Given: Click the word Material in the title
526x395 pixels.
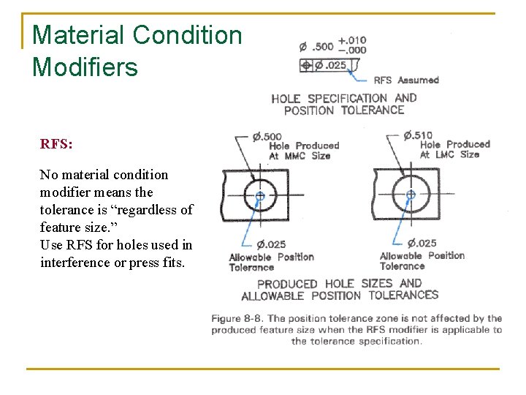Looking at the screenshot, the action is (x=77, y=34).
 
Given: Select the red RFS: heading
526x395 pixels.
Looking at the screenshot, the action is (x=56, y=143).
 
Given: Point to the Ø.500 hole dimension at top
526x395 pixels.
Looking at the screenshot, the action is (x=316, y=47).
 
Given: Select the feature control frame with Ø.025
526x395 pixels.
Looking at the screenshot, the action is (x=326, y=66).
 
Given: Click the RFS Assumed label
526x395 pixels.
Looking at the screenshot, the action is (x=406, y=80).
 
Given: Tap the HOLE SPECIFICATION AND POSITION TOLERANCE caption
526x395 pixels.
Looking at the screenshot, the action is (x=343, y=104).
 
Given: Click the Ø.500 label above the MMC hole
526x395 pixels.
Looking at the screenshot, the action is (x=267, y=137).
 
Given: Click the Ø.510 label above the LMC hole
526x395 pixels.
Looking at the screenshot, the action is (x=418, y=135).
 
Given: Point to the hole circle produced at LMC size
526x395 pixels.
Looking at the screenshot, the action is (x=411, y=195).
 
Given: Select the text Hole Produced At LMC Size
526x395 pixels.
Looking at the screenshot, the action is (x=454, y=149).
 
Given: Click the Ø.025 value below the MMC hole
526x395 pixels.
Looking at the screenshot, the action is (x=271, y=244).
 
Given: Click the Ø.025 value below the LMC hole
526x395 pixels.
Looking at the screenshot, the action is (x=422, y=243).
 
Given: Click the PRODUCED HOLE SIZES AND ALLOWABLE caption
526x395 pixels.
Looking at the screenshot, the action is (x=340, y=290).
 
